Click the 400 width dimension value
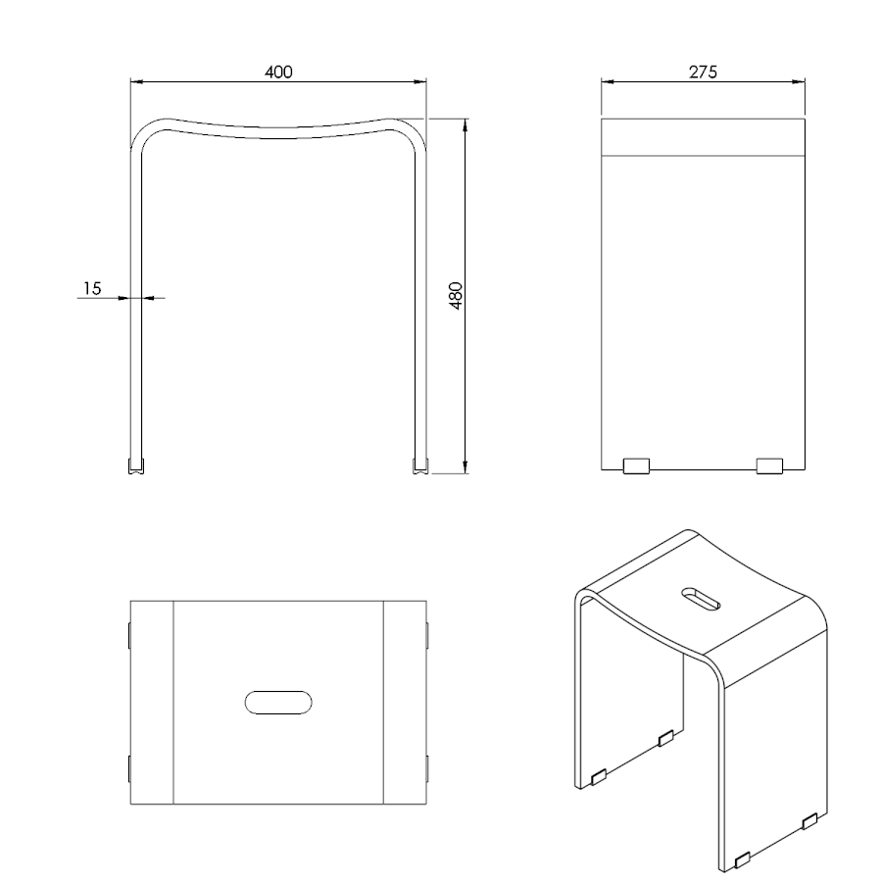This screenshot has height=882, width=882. point(278,72)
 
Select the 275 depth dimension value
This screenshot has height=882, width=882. point(703,72)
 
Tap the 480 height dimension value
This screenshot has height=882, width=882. point(456,296)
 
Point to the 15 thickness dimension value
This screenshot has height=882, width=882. point(92,288)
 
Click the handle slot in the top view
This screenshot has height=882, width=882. point(278,703)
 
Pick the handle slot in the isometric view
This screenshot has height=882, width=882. point(701,599)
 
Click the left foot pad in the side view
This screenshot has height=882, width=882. point(636,466)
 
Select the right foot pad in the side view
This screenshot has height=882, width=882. point(769,466)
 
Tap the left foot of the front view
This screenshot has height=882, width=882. point(136,466)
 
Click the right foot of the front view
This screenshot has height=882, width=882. point(420,466)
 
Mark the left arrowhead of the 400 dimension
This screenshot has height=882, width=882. point(137,81)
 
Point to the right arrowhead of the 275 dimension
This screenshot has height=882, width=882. point(799,81)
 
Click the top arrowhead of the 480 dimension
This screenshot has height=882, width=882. point(465,125)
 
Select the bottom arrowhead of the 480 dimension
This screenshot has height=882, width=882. point(465,466)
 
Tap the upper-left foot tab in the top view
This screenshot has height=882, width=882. point(129,635)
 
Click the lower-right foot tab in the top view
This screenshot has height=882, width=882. point(427,769)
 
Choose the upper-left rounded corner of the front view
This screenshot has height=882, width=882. point(147,130)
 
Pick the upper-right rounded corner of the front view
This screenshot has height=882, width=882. point(409,130)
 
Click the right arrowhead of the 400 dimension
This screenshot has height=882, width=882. point(419,81)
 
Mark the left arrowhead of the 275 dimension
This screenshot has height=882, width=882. point(608,81)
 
